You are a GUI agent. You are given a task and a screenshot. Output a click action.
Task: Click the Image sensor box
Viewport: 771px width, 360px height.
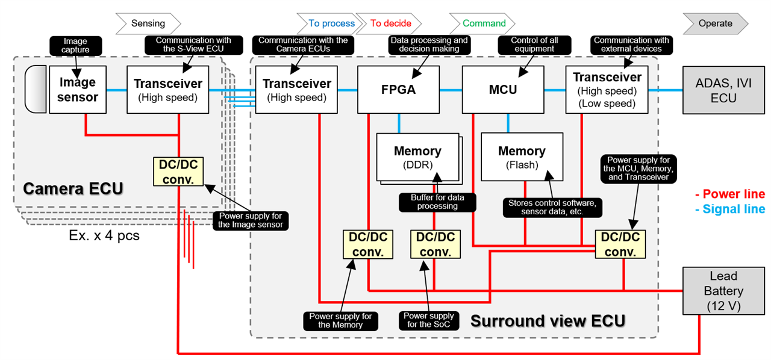point(78,90)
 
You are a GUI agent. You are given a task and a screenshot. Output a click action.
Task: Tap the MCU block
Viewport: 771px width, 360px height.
point(502,90)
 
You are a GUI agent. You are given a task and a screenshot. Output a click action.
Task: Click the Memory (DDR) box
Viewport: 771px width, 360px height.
point(417,157)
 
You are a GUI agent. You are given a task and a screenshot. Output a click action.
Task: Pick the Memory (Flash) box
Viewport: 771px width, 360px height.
point(522,157)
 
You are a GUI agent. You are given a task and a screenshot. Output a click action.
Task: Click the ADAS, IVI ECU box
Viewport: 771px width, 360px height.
point(723,90)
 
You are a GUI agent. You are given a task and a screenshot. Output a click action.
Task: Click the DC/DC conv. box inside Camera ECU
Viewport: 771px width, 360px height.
point(178,171)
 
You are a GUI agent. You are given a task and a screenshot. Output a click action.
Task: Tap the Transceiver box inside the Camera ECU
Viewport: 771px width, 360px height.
point(168,90)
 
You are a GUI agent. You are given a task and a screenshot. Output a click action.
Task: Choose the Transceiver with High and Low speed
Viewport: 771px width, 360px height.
point(607,90)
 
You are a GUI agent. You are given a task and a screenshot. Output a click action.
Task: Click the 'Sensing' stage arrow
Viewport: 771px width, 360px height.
point(148,23)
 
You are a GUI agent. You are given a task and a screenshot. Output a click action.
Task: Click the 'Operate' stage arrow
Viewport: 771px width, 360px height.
point(715,23)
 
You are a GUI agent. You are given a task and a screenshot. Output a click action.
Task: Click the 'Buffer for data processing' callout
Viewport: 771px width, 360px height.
point(437,202)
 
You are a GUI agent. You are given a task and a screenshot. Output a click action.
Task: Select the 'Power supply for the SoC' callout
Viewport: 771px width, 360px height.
point(428,320)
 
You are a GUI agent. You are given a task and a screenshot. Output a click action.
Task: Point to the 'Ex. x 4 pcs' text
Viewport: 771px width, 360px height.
point(104,235)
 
